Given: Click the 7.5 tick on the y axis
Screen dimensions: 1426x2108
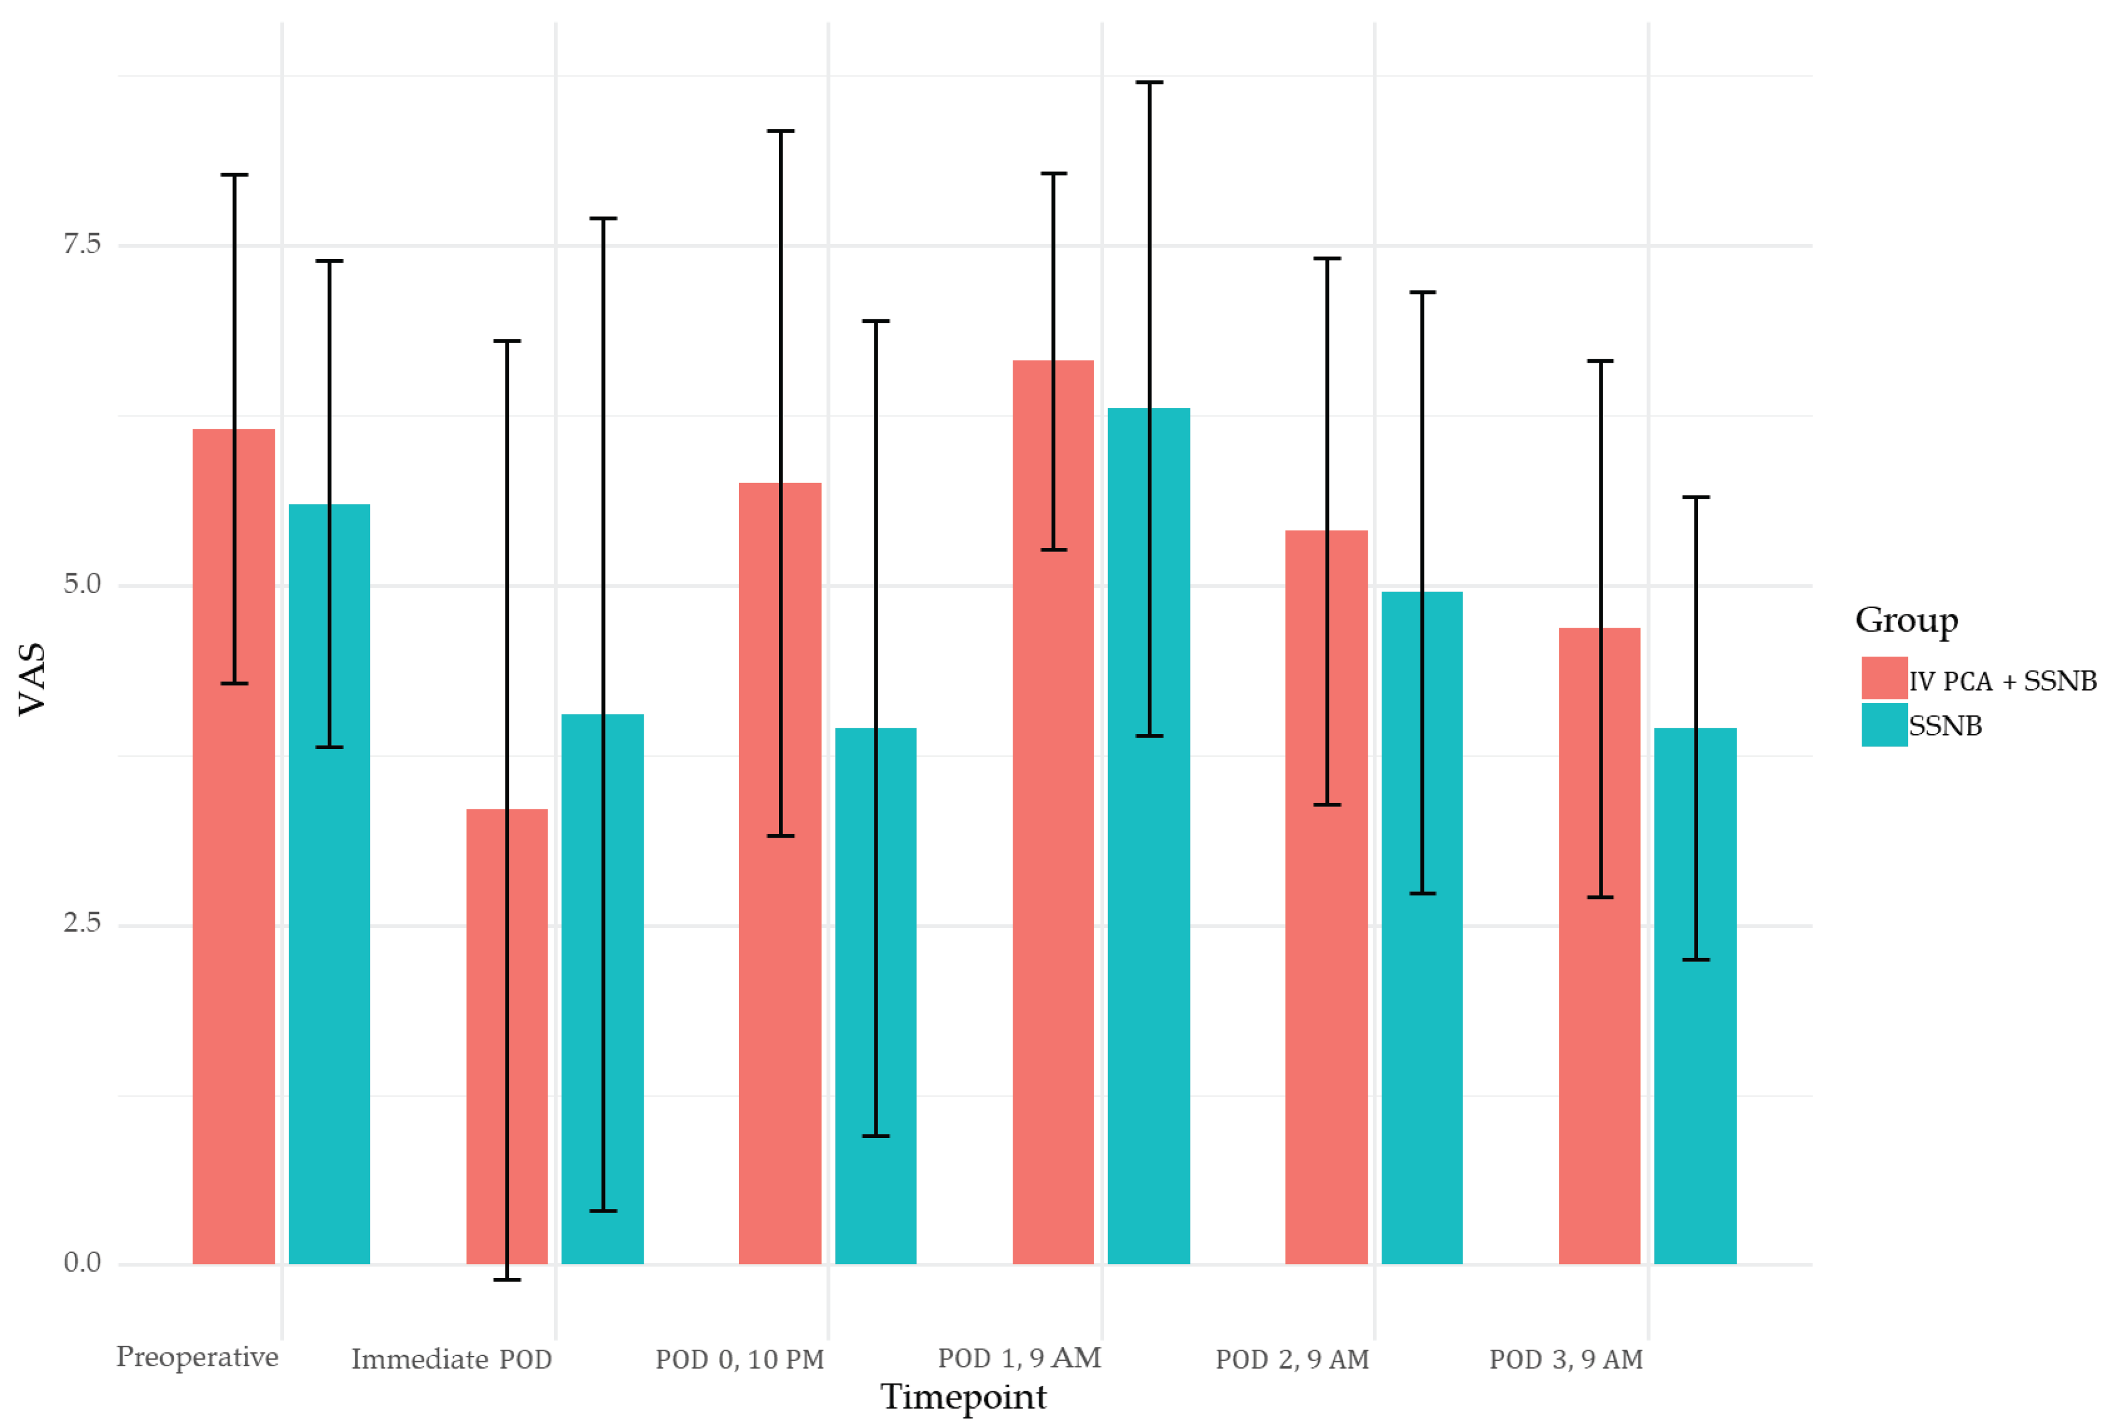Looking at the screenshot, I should click(82, 244).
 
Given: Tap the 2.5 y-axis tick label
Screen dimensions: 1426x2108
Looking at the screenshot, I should click(82, 923).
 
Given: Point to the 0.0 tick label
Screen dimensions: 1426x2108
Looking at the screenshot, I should click(82, 1263).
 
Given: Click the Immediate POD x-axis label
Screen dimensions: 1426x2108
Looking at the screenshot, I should click(451, 1359).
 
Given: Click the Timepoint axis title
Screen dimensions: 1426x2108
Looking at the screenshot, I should click(963, 1397).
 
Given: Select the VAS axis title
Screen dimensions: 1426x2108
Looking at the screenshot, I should click(32, 679).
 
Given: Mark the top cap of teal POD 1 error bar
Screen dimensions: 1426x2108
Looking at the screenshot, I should click(1149, 83).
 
